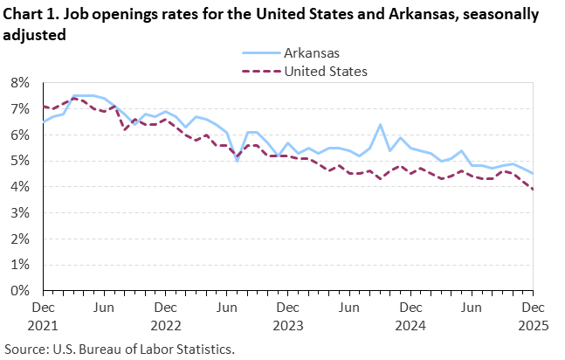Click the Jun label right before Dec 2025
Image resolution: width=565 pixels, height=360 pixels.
[x=472, y=308]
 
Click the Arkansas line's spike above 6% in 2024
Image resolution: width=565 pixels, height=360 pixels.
[x=380, y=125]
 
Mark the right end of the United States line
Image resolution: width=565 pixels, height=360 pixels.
[x=533, y=190]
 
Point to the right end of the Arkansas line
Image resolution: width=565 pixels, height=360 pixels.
[x=533, y=174]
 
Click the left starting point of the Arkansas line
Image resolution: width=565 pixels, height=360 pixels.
[x=43, y=122]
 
